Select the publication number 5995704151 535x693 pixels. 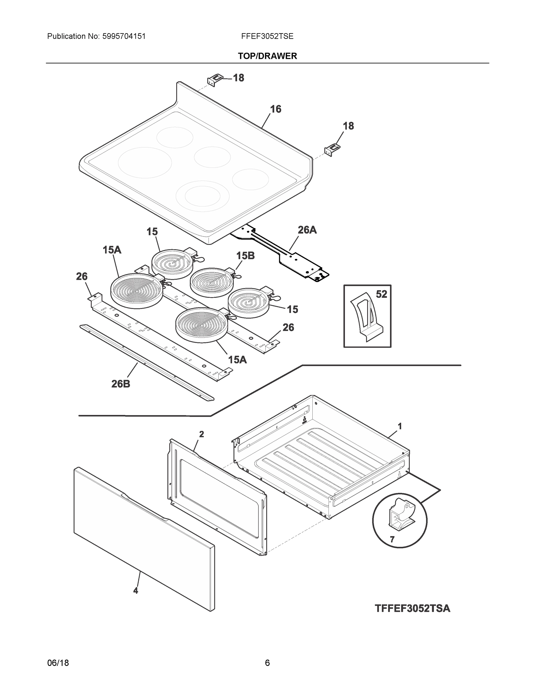(124, 36)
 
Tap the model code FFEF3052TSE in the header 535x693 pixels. (267, 36)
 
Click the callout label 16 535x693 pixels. (275, 109)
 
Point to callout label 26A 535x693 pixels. (307, 230)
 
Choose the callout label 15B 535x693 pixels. (245, 256)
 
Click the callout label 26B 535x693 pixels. (121, 384)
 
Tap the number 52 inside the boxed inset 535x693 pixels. (381, 294)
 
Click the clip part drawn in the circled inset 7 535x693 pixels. (400, 516)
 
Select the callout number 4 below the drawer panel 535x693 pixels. (136, 590)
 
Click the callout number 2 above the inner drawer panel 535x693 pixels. (201, 434)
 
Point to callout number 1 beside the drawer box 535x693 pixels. (400, 426)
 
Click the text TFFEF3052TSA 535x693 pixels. (412, 609)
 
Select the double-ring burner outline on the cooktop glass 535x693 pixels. (203, 196)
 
